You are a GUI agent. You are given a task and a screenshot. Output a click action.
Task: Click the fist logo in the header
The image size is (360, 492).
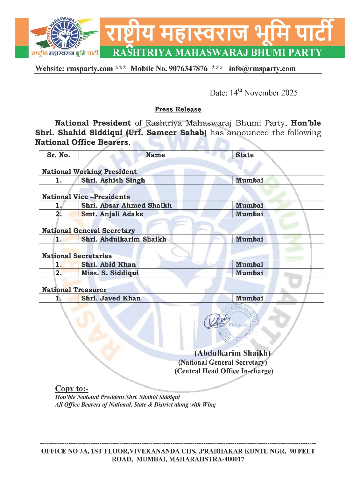[x=65, y=34]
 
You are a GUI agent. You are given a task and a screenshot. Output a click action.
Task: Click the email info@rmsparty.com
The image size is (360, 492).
[x=262, y=69]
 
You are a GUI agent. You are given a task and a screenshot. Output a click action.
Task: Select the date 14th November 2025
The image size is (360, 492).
[x=254, y=93]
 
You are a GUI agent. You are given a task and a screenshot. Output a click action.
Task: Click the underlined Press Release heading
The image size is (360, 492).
[x=178, y=109]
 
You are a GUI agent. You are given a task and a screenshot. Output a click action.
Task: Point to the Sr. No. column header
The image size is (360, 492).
[x=58, y=155]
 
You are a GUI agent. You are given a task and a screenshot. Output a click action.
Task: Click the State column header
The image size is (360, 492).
[x=244, y=155]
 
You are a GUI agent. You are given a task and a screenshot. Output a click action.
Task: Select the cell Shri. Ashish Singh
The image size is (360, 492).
[x=113, y=180]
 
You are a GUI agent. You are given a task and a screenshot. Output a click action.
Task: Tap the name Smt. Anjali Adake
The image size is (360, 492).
[x=112, y=214]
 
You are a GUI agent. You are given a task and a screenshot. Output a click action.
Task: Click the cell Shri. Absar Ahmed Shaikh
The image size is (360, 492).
[x=126, y=205]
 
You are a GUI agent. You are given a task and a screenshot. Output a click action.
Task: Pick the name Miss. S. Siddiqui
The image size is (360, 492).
[x=110, y=273]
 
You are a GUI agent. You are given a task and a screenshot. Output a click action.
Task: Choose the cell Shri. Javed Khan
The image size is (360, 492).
[x=111, y=298]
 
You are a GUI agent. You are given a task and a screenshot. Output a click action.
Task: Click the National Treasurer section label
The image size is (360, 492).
[x=74, y=290]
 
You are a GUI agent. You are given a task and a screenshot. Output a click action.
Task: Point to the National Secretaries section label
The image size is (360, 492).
[x=77, y=256]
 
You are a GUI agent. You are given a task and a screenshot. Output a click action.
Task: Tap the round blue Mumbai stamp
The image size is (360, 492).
[x=238, y=325]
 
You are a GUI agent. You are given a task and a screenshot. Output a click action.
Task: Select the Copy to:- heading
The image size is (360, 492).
[x=72, y=389]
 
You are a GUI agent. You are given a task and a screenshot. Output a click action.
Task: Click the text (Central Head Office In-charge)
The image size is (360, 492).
[x=224, y=371]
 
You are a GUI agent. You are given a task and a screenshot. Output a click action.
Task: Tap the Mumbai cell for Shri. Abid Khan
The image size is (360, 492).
[x=249, y=264]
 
